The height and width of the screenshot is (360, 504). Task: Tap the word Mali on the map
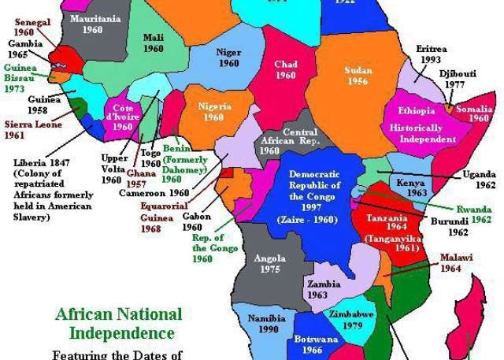153,37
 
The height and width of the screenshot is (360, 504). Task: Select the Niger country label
228,53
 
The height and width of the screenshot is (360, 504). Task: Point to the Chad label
285,65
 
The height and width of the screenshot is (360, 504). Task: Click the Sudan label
358,70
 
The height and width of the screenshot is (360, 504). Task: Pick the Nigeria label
214,106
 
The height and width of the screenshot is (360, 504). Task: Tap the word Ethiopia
417,111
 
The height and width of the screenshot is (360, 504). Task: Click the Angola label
269,258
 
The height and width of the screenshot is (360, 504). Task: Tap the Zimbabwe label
351,314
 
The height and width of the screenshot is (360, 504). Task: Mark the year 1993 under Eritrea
431,59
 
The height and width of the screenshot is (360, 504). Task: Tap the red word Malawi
450,257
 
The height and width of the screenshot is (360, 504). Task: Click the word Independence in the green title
121,332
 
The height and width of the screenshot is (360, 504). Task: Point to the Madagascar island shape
477,315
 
